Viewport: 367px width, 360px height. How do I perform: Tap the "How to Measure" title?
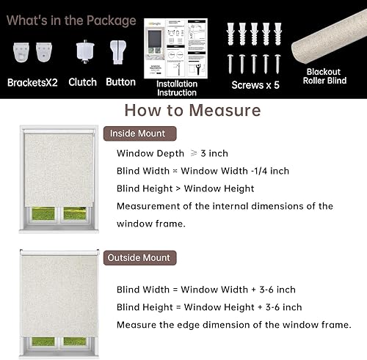coord(192,111)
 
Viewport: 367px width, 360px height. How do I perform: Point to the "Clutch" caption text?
coord(82,82)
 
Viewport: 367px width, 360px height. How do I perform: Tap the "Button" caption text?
coord(120,82)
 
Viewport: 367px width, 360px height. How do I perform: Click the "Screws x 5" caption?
coord(256,84)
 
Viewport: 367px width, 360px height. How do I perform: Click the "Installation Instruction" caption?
coord(177,89)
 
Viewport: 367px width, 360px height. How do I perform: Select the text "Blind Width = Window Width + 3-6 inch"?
coord(206,290)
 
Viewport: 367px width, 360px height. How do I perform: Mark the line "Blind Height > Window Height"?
coord(185,188)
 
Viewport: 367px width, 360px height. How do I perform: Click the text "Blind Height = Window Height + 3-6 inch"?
coord(208,307)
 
